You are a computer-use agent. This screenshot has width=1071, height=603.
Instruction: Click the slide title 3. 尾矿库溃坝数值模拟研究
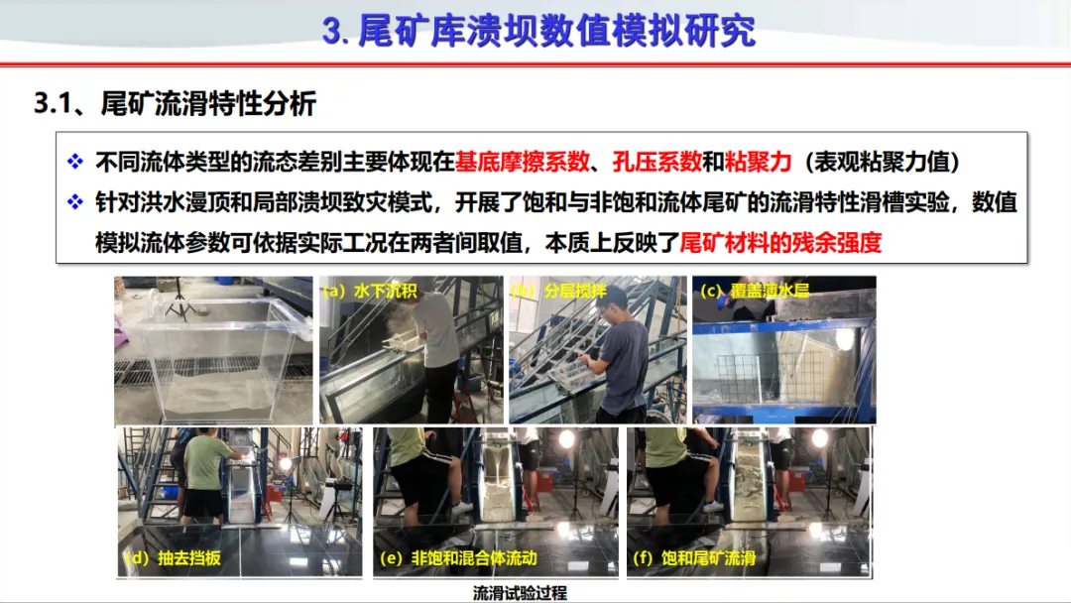[x=538, y=31]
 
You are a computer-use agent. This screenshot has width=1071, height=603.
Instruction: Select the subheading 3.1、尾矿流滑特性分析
[x=175, y=104]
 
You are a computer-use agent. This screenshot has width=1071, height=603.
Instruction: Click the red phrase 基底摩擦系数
[x=522, y=162]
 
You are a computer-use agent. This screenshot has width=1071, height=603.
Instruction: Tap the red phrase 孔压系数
[x=656, y=162]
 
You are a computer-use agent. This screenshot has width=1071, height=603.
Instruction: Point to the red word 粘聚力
[x=758, y=162]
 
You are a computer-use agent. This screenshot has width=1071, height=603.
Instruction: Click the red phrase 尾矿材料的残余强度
[x=780, y=242]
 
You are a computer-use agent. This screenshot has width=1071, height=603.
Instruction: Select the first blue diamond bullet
[x=75, y=162]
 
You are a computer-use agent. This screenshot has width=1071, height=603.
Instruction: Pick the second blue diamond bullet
[x=75, y=202]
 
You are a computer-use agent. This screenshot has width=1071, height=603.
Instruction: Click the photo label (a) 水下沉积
[x=369, y=291]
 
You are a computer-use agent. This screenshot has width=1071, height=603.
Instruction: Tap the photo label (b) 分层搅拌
[x=558, y=291]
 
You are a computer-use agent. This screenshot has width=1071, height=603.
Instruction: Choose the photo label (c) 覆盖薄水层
[x=754, y=291]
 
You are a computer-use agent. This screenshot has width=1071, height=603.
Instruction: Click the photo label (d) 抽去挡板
[x=172, y=558]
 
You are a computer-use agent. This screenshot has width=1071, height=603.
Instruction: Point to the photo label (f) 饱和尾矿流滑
[x=693, y=558]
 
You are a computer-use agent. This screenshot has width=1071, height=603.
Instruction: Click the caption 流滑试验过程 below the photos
[x=520, y=593]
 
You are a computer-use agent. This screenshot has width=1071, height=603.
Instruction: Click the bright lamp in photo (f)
[x=820, y=438]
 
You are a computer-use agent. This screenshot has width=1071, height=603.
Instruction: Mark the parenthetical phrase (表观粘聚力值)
[x=883, y=162]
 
